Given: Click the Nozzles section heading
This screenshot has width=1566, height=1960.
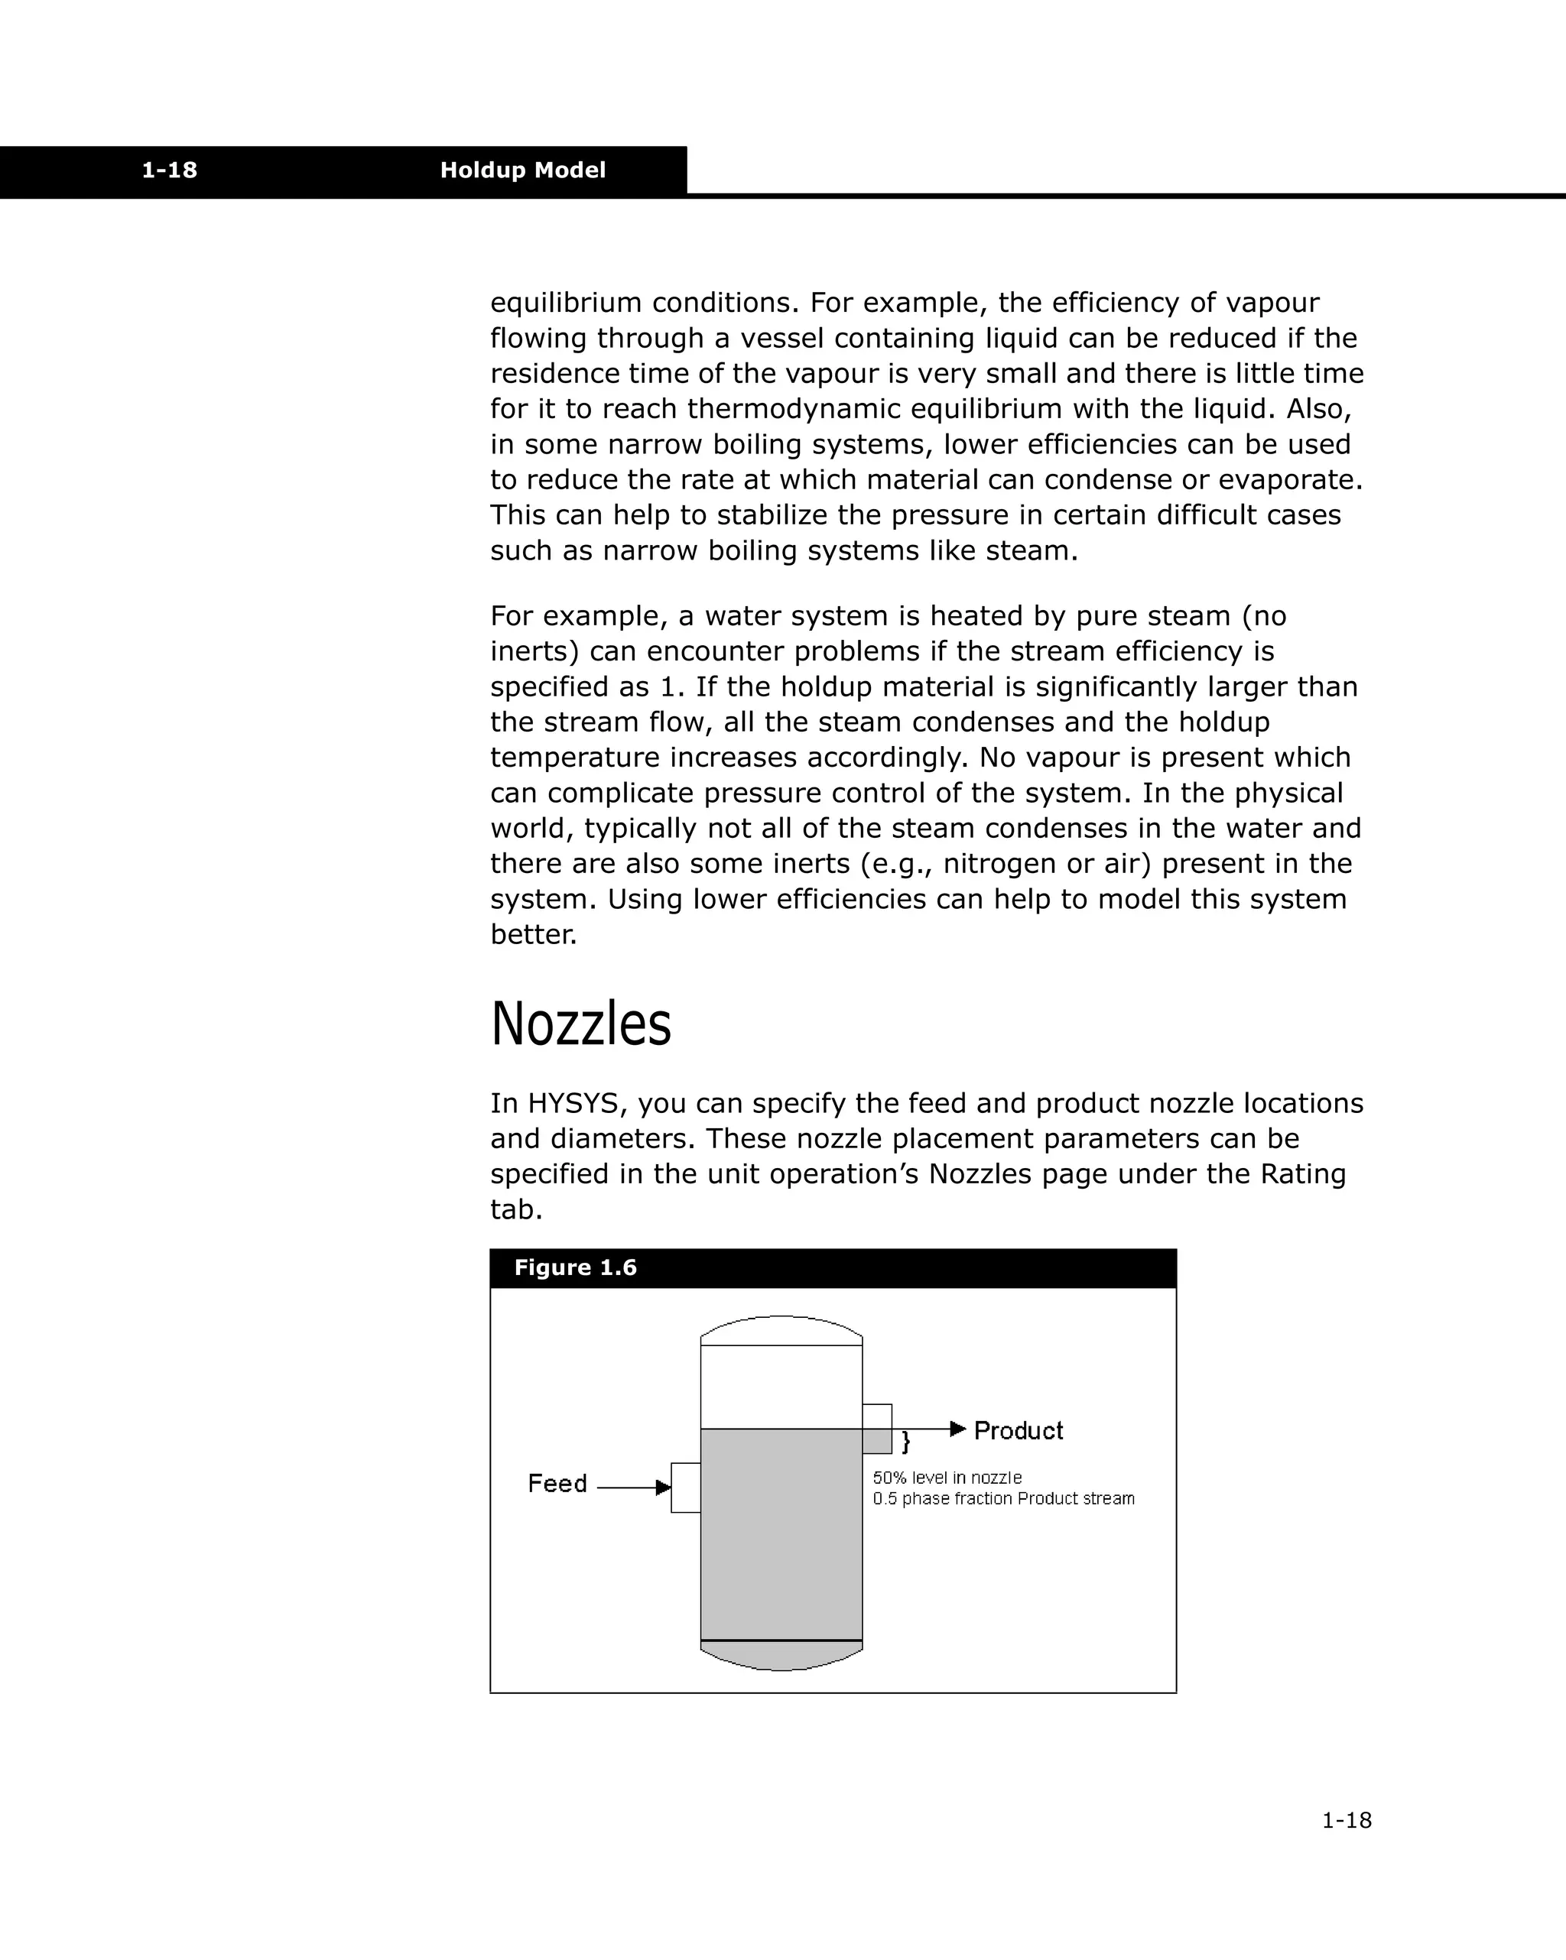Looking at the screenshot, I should [x=580, y=1024].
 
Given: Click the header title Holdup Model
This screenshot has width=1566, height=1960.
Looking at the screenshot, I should [x=522, y=170].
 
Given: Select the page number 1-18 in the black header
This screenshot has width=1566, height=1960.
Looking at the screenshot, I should [x=169, y=170].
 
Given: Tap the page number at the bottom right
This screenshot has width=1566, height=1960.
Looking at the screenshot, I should [x=1346, y=1820].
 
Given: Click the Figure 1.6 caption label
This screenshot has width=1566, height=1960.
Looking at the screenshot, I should [x=575, y=1267].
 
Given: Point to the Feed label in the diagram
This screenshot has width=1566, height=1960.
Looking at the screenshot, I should [x=557, y=1484].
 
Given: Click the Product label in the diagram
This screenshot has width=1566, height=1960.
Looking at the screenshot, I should [x=1018, y=1431].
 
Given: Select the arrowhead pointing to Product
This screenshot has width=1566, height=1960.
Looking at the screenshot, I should [x=957, y=1429].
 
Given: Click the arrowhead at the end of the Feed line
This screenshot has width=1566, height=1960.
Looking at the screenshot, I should [x=663, y=1488].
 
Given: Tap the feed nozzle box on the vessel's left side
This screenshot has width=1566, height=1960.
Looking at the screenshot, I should [x=686, y=1488].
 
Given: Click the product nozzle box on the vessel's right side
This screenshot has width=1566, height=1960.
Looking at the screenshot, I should [x=876, y=1428].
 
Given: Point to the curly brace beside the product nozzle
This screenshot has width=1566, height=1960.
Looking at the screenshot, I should [x=906, y=1442].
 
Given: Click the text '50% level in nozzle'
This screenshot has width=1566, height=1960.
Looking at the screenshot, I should [x=947, y=1478].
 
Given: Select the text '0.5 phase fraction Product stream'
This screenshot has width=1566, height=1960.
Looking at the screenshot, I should [x=1003, y=1499].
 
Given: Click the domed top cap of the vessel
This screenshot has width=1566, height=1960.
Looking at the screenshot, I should [x=781, y=1329].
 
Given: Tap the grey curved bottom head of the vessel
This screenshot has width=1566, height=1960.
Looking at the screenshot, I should [x=781, y=1657].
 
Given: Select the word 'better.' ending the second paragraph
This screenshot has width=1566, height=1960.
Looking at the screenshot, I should [x=533, y=935].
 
